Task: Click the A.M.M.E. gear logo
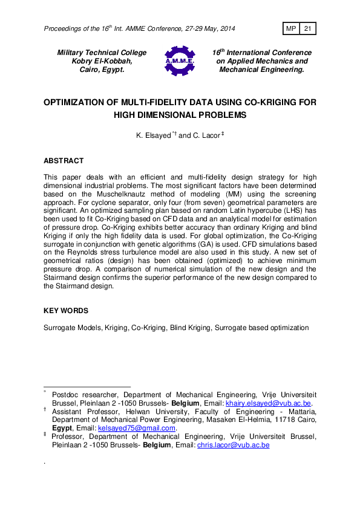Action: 179,61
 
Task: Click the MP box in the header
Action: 291,28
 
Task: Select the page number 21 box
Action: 307,28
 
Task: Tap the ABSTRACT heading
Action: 64,161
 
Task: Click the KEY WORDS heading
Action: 66,311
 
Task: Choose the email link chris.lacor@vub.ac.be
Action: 233,445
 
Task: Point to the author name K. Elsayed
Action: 154,136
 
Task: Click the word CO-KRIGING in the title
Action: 265,103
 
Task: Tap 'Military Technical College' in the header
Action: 102,53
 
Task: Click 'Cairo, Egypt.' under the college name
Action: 102,70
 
